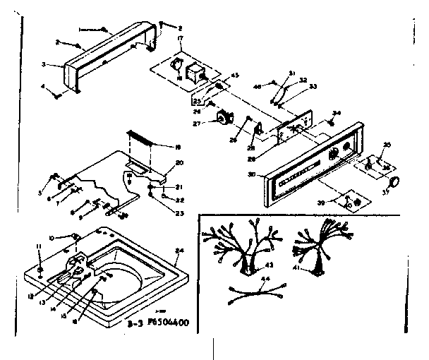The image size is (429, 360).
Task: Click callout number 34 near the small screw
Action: (337, 112)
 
